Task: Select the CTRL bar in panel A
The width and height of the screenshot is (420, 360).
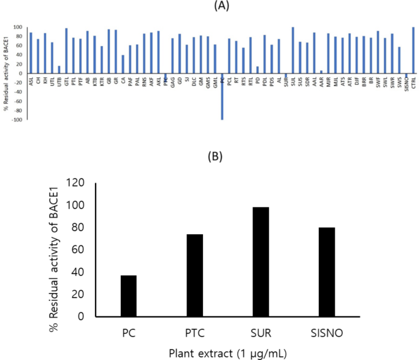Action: coord(413,50)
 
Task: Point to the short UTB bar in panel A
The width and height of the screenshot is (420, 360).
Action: coord(59,69)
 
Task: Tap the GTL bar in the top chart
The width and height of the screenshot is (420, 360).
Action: coord(66,51)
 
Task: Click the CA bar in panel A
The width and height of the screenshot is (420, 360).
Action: coord(123,64)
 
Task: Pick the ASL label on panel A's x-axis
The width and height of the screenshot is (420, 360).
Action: coord(31,78)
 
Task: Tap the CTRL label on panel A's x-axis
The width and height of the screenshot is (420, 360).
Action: coord(413,79)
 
